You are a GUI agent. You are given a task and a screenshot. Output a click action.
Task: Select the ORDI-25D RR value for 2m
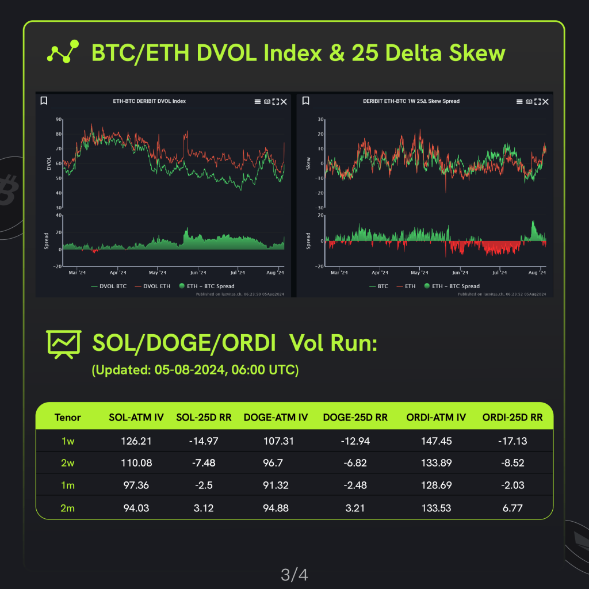coord(512,508)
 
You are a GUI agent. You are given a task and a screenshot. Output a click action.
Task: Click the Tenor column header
coord(68,418)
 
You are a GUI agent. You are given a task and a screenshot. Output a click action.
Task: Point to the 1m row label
coord(68,485)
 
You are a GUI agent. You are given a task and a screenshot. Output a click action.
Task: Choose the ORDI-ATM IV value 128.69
coord(437,485)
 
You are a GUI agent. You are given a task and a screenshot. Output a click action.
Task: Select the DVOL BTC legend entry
coord(109,286)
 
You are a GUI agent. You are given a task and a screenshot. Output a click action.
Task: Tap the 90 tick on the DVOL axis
coord(59,120)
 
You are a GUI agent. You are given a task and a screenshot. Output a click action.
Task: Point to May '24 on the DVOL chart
coord(157,273)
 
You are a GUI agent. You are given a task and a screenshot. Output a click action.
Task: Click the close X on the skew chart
coord(545,101)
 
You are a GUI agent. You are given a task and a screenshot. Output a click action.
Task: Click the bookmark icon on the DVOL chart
coord(44,101)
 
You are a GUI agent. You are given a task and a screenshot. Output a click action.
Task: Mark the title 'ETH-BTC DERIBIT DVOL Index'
coord(149,101)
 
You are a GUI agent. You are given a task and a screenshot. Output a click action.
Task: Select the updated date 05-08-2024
coord(189,370)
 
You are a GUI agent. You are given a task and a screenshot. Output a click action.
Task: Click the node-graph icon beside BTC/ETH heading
coord(62,53)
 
